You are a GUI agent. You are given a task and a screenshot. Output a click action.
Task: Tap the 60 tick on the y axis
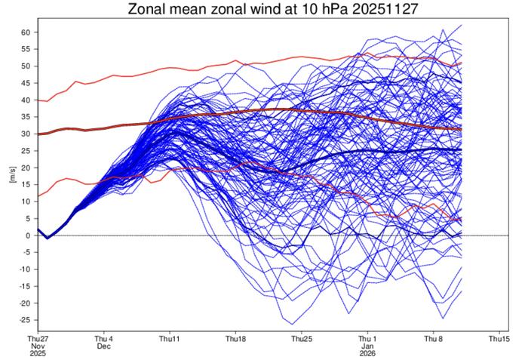coord(25,32)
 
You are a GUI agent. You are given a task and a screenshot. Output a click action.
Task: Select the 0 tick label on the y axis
coord(27,235)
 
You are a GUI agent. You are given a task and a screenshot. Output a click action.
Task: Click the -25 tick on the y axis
coord(23,320)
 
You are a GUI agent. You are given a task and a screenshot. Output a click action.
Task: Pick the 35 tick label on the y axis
coord(25,117)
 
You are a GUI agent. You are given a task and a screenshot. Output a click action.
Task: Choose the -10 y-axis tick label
coord(23,269)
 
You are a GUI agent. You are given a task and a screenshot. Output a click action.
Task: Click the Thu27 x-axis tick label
coord(37,338)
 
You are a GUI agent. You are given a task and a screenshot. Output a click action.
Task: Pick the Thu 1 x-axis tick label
coord(367,338)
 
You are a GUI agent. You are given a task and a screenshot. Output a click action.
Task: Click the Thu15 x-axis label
coord(499,338)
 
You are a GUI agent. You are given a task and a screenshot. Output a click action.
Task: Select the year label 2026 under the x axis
coord(367,354)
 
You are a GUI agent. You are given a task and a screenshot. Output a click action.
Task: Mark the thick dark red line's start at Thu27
coord(38,134)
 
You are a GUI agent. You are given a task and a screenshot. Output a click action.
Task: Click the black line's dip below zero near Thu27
coord(46,238)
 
